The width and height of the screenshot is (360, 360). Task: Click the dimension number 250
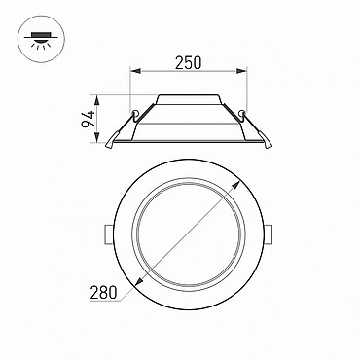click(x=188, y=62)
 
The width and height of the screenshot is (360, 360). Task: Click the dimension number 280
click(x=103, y=293)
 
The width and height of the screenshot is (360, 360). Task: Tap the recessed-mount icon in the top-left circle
click(x=41, y=41)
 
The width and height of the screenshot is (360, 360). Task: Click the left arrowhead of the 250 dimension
click(x=135, y=71)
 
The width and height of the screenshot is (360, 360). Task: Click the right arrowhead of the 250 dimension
click(x=241, y=71)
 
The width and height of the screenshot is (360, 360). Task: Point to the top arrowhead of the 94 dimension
click(x=97, y=100)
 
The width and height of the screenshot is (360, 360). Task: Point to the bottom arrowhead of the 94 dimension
click(x=97, y=137)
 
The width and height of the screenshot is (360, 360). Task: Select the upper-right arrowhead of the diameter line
click(x=235, y=186)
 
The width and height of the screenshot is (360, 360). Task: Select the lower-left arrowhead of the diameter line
click(x=139, y=282)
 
